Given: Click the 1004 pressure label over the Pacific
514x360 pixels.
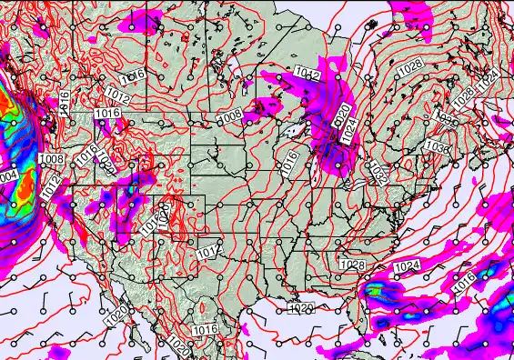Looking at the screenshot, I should pos(7,175).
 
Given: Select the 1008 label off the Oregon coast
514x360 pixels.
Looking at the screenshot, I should pos(52,159).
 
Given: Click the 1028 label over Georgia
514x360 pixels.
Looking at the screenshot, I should pos(351,265).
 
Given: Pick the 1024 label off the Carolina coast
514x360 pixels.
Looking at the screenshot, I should pos(408,265).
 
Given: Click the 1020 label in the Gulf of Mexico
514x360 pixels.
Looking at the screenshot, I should pos(302,309).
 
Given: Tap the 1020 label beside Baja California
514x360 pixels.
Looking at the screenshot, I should pos(116,315).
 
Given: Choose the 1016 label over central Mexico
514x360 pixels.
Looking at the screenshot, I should pos(205,328).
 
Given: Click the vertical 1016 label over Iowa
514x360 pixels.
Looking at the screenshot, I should pos(289,163).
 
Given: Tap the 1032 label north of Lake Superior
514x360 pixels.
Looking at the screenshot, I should pos(306,73).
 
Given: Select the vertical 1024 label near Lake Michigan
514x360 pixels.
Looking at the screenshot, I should pos(347,136).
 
